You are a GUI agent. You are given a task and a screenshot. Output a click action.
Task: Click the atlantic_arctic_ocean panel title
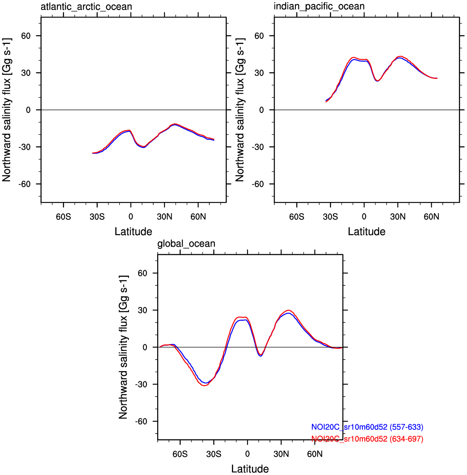click(86, 7)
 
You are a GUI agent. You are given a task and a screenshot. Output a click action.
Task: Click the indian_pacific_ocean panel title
click(319, 7)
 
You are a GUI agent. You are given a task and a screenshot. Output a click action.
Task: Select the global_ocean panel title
click(186, 244)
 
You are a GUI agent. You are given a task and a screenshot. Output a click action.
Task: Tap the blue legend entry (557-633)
click(367, 427)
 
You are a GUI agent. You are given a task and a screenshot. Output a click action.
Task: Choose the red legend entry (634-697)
click(367, 439)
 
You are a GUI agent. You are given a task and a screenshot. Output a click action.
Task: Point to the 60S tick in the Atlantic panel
click(64, 217)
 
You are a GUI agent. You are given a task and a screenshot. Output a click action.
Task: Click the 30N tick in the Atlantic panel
click(165, 217)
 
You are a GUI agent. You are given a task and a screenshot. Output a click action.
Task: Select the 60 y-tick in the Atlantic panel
click(26, 36)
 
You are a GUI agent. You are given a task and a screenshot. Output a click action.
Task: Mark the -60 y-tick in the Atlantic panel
click(24, 184)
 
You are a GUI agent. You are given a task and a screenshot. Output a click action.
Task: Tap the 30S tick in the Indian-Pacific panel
click(330, 217)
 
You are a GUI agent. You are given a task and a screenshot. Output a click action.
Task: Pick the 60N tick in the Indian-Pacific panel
click(431, 217)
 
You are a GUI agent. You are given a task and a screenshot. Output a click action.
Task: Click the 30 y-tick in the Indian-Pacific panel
click(259, 73)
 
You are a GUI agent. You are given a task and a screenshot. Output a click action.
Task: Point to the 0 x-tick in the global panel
click(247, 454)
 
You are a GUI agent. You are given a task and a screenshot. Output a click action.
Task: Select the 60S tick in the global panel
click(180, 454)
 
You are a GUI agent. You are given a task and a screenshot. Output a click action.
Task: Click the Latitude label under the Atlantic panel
click(133, 232)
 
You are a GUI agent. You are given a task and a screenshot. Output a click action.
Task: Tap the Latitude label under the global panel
click(250, 469)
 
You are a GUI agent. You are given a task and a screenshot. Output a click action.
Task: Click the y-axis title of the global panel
click(123, 347)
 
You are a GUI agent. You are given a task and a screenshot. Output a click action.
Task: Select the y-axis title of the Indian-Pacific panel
click(240, 110)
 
